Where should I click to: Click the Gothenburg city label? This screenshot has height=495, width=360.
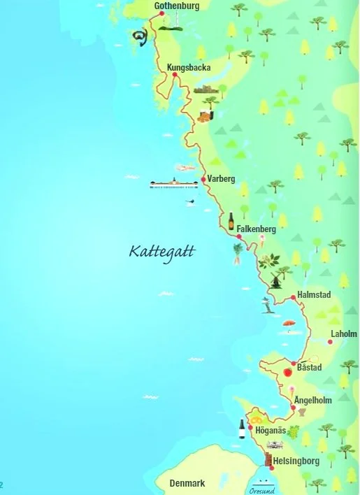click(177, 6)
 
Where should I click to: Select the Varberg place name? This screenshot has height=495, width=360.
click(221, 178)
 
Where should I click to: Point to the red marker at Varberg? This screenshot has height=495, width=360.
click(203, 180)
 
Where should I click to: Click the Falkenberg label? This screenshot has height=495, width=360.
click(257, 229)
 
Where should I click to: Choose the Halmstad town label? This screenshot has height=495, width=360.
click(314, 294)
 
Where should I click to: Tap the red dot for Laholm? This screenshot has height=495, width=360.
click(330, 341)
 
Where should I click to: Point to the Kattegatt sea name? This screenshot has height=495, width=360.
click(162, 251)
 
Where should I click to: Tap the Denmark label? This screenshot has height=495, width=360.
click(187, 483)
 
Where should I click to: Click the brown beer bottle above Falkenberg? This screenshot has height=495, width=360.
click(231, 221)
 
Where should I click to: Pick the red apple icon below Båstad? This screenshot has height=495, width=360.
click(287, 372)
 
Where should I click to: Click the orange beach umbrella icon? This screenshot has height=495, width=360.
click(287, 324)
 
